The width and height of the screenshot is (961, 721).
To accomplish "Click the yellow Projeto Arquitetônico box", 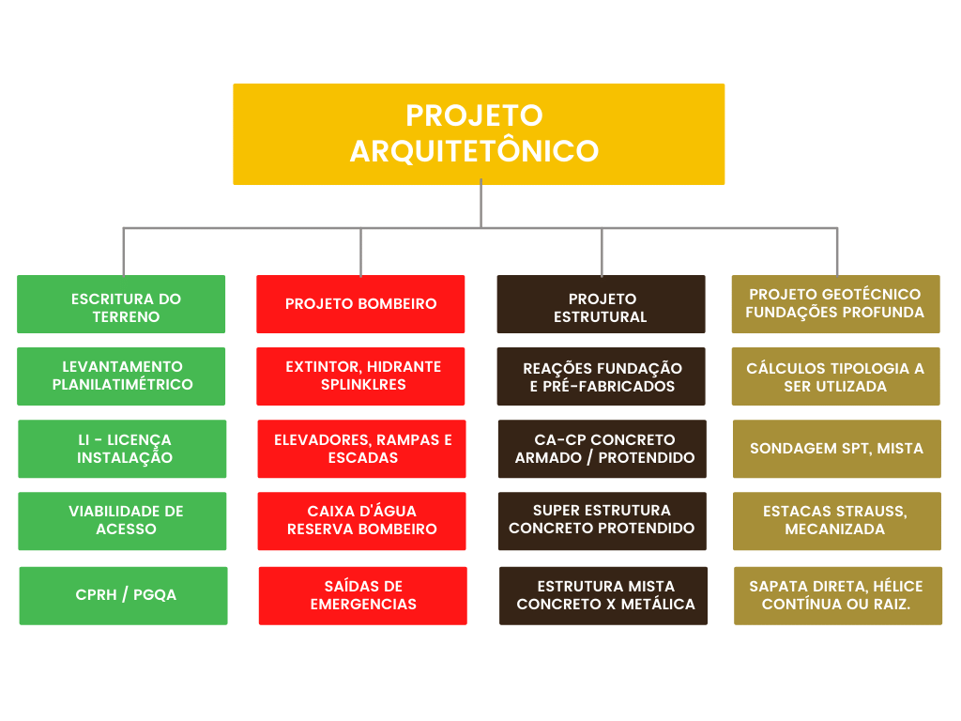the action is pos(479,134).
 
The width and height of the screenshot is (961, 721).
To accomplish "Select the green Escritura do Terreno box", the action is pos(121,304).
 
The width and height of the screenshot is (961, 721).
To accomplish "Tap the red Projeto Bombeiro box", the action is pos(360,304).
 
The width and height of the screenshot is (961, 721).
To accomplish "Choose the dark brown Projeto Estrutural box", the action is pos(602,304).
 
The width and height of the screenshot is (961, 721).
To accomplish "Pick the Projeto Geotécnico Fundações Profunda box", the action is pos(836,304).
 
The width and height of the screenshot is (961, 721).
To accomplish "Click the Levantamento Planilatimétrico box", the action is pos(121,376).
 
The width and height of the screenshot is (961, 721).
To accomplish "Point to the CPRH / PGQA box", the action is pos(123,596).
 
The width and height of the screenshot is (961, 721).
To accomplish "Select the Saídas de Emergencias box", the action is pos(363,596).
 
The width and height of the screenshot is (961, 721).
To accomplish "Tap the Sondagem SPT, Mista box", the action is pos(837,449).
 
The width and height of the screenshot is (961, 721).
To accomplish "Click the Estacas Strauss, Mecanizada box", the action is pos(837,521).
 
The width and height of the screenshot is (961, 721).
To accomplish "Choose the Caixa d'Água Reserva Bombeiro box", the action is pos(361,521).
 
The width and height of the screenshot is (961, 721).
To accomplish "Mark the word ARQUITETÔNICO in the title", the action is pos(474,151).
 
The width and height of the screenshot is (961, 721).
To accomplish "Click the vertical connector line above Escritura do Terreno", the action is pos(124,252).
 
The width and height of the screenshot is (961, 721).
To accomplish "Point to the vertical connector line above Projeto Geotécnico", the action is pos(837,252).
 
